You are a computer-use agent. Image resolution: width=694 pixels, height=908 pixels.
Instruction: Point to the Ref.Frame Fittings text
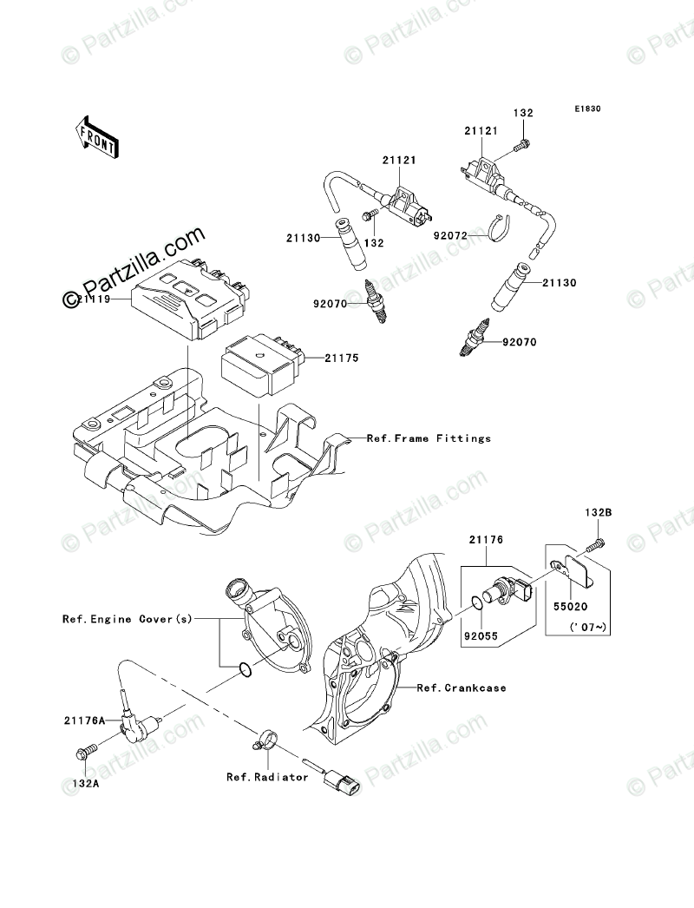click(x=429, y=438)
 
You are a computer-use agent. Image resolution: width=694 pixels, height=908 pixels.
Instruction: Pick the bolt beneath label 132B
click(x=594, y=545)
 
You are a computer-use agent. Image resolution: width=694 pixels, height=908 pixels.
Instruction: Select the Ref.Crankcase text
click(x=462, y=688)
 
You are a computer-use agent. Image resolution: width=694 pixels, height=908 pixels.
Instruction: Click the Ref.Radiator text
click(x=267, y=777)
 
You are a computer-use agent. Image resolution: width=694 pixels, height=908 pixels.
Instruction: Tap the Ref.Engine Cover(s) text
click(x=127, y=620)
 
